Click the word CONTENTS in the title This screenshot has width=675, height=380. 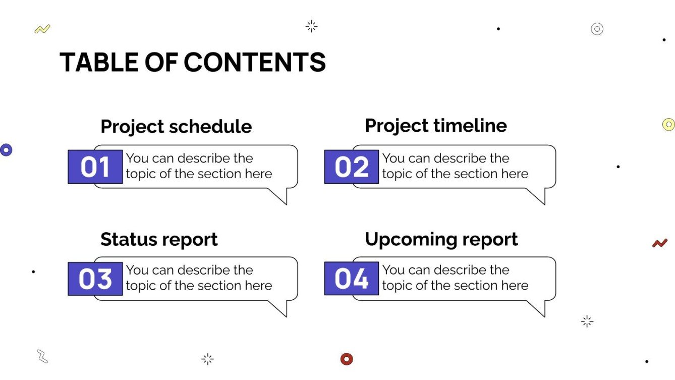coord(255,63)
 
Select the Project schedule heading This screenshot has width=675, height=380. coord(176,126)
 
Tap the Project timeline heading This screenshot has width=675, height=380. coord(436,126)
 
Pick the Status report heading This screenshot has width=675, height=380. coord(159,239)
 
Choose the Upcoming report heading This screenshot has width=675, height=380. coord(441,239)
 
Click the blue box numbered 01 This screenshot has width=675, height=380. coord(95,167)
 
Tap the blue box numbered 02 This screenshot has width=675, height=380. coord(352,167)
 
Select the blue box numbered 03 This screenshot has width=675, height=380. coord(95,279)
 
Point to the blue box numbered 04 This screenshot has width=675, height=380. coord(352,279)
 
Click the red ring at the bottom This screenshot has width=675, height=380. coord(347,359)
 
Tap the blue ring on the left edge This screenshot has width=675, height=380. coord(6,149)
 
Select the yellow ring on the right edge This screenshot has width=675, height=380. coord(668,124)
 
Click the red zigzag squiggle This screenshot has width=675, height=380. coord(659,243)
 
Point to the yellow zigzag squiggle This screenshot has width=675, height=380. coord(42,29)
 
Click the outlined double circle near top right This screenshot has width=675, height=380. coord(597,29)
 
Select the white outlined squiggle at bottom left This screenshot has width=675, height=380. coord(42,356)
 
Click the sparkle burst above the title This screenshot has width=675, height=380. coord(312,26)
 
